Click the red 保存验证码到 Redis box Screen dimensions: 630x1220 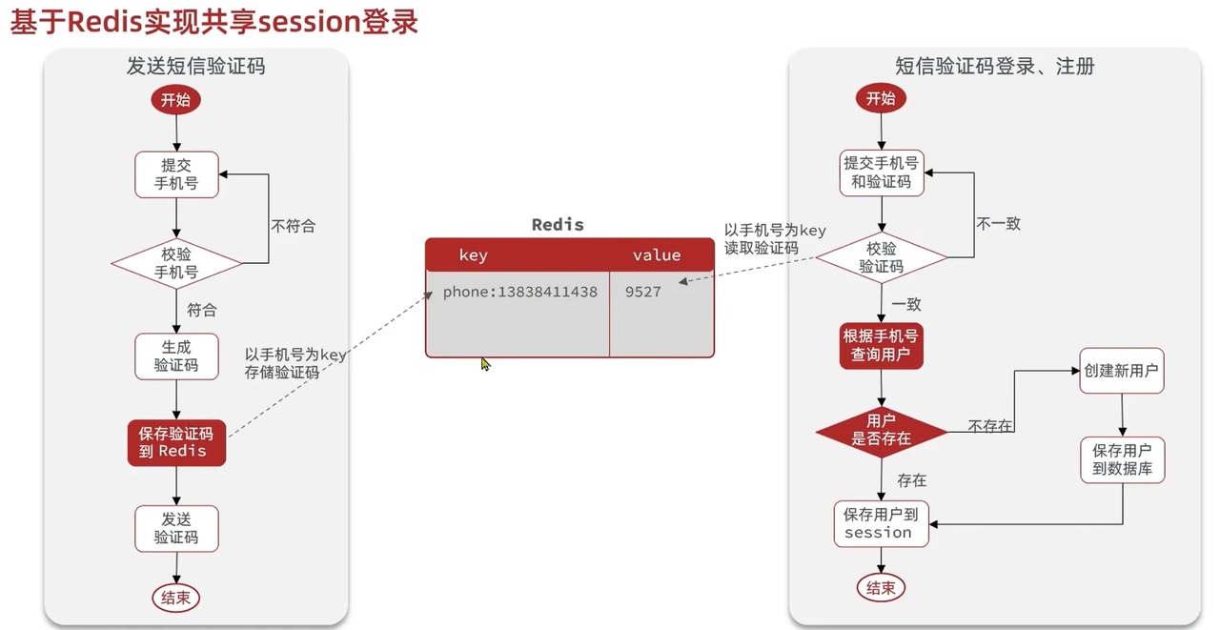(x=176, y=442)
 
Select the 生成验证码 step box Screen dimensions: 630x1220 (x=176, y=356)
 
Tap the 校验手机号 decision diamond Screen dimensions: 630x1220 (x=176, y=263)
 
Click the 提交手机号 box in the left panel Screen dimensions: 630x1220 (x=176, y=174)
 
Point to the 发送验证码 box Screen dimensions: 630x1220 (x=176, y=528)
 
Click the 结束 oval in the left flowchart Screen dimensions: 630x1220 (x=176, y=598)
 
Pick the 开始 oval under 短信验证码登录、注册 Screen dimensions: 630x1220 (x=881, y=98)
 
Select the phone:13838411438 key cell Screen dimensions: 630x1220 (x=519, y=292)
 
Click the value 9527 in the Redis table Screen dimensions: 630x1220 (x=643, y=292)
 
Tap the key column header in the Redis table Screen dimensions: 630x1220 (x=474, y=254)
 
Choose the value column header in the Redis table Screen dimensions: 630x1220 (x=657, y=254)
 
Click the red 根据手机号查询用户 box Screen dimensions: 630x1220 (x=881, y=346)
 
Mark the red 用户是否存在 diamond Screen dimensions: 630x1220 (x=881, y=431)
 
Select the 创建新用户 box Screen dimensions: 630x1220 (x=1121, y=371)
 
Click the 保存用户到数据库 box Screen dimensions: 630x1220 (x=1122, y=459)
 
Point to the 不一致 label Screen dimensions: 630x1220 (x=998, y=224)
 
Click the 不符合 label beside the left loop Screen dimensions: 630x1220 (x=293, y=227)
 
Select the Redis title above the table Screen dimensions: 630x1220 (x=558, y=225)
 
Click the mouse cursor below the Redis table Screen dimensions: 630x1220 (x=485, y=363)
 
